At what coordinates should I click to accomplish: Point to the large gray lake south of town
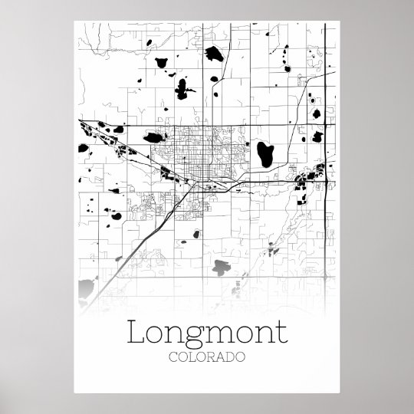tap(222, 268)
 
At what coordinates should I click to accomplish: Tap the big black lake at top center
tap(182, 90)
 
